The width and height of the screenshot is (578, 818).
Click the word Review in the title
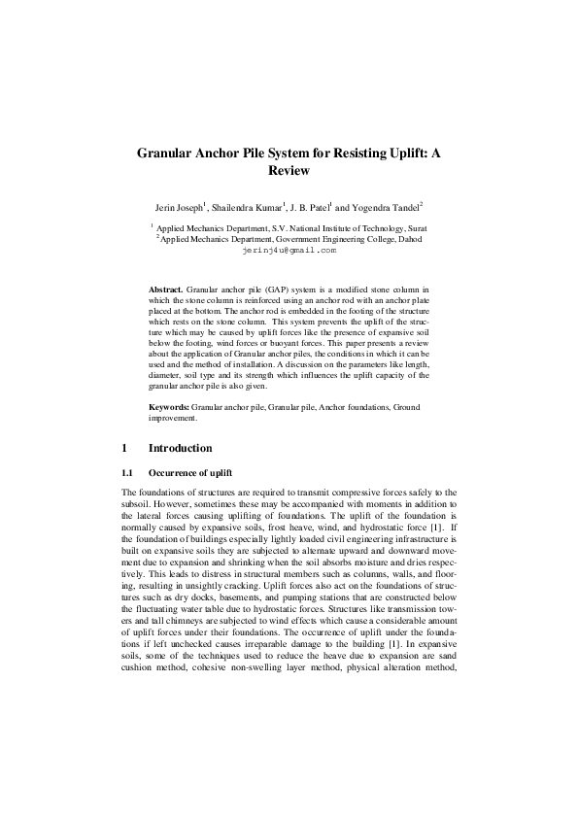(x=289, y=171)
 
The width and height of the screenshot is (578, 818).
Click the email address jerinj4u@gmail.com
(x=289, y=250)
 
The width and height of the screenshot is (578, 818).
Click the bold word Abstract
(x=165, y=290)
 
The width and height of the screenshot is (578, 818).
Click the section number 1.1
(x=126, y=498)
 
